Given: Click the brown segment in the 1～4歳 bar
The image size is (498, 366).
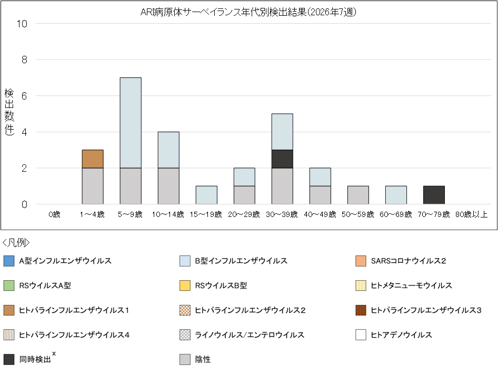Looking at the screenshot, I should (x=93, y=159).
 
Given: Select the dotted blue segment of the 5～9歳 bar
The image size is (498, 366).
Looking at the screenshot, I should (x=131, y=123).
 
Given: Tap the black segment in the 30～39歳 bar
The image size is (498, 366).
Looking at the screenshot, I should (x=282, y=159).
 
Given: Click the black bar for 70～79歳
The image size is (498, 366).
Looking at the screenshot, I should (x=434, y=195).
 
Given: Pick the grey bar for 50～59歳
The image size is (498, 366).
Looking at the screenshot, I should (x=358, y=195).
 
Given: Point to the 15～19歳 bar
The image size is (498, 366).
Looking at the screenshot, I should (x=206, y=195).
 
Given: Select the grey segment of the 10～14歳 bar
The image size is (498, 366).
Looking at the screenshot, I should (x=168, y=186).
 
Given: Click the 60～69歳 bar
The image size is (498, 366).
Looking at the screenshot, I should (x=396, y=195).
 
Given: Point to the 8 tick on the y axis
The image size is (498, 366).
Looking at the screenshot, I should (x=24, y=60).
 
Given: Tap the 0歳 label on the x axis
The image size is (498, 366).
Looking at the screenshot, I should (x=55, y=215).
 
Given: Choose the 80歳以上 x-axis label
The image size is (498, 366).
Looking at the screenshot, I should (x=472, y=215).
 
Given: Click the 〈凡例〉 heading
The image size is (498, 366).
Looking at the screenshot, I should (x=16, y=243).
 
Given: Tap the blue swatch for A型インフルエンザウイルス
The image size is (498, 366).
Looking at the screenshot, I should (x=8, y=261).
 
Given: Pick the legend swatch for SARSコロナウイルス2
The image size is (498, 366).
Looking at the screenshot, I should (x=361, y=261).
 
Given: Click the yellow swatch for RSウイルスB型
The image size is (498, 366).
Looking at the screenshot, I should (x=185, y=285).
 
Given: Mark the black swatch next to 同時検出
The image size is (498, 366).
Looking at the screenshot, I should (x=8, y=360).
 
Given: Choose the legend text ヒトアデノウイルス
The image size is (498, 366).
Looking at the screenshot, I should (x=401, y=335).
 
